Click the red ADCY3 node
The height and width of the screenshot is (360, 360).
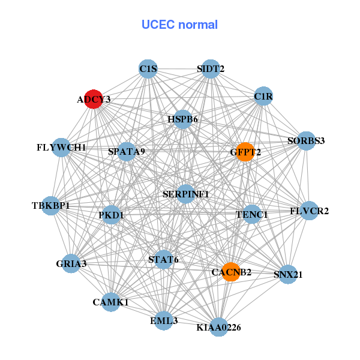[x=93, y=99]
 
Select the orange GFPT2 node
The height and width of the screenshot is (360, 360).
[x=245, y=152]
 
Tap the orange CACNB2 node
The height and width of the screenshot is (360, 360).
[x=230, y=272]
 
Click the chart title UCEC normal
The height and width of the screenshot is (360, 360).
[x=179, y=25]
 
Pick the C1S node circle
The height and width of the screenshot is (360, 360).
[x=148, y=69]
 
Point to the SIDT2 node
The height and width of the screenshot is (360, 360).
[x=210, y=69]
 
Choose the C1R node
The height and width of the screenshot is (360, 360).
[x=263, y=96]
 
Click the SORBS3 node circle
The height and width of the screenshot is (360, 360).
[x=306, y=141]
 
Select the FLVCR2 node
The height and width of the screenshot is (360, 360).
[x=309, y=211]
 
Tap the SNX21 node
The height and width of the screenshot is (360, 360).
[x=288, y=275]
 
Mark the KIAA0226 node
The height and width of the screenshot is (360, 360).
[x=219, y=327]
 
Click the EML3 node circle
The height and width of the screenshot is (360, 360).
[x=164, y=321]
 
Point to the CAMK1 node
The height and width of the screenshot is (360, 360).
[x=111, y=302]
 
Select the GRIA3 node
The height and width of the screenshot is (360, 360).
[x=71, y=263]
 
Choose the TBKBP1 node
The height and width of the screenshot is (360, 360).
[x=52, y=206]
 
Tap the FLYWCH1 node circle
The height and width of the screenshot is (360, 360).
[x=61, y=147]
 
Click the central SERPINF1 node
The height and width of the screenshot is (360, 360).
[x=186, y=194]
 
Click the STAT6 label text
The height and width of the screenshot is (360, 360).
[x=163, y=260]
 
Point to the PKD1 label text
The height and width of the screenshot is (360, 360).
[x=111, y=214]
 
